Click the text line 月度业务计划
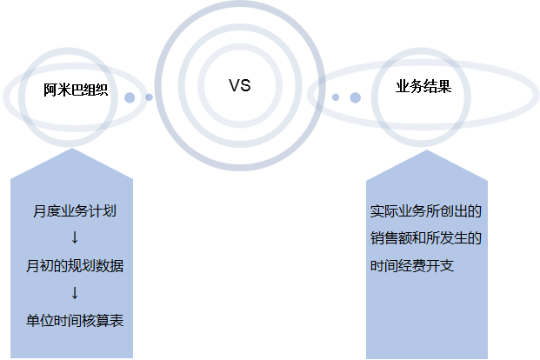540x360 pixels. [x=75, y=211]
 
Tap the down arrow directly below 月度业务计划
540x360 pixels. [x=75, y=237]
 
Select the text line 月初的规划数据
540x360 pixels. [x=75, y=266]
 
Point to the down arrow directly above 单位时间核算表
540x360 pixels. [x=75, y=292]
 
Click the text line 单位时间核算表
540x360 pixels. [x=75, y=321]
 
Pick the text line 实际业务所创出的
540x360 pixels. [x=426, y=211]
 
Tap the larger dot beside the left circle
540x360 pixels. [x=130, y=97]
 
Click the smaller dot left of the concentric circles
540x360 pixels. [x=149, y=97]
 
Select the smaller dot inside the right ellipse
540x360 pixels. [x=336, y=97]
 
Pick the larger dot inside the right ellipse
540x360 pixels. [x=355, y=97]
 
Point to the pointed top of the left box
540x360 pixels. [x=72, y=149]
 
